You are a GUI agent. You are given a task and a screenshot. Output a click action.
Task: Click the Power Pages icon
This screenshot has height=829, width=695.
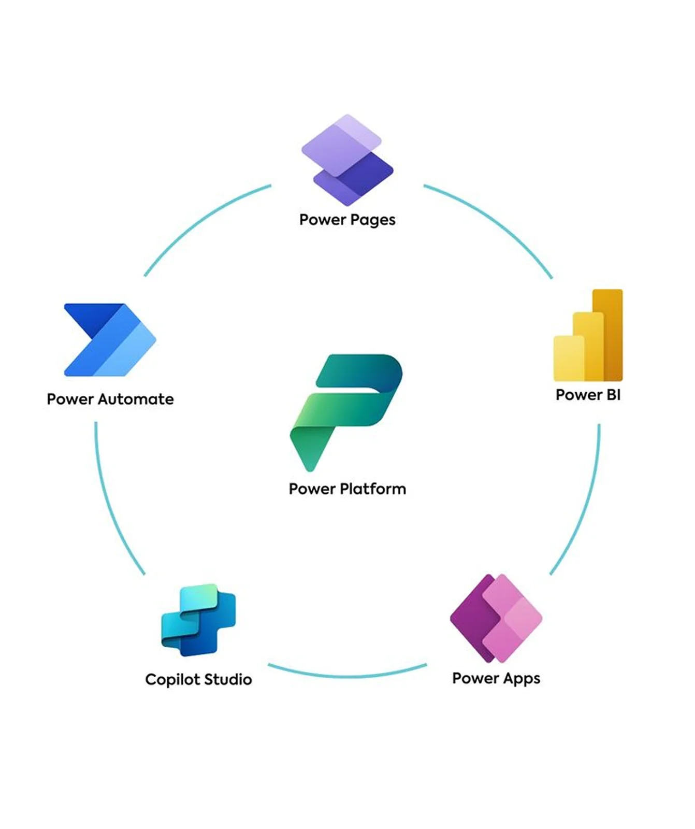pos(347,160)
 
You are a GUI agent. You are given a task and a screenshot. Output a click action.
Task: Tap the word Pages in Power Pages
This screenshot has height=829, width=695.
pos(372,220)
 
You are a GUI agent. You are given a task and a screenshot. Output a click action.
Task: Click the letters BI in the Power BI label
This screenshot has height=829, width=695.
pos(613,395)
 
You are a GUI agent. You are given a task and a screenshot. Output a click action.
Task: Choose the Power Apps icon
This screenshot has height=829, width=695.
pos(496,618)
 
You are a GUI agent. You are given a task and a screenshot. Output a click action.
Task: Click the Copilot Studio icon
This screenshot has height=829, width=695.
pos(199,620)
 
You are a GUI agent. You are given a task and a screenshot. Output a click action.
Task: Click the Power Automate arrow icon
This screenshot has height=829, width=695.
pos(110,340)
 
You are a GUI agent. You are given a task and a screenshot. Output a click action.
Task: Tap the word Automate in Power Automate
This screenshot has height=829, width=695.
pos(136,399)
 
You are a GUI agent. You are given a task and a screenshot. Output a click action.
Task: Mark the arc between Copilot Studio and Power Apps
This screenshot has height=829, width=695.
pos(347,676)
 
